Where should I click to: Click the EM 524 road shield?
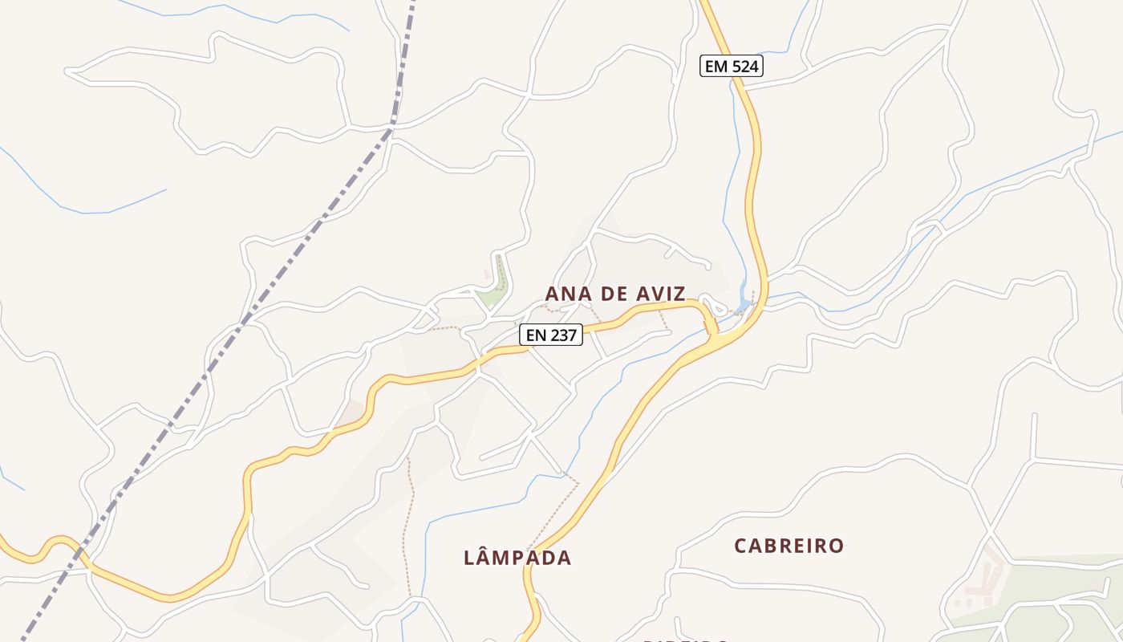[731, 67]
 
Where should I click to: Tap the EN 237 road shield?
[551, 335]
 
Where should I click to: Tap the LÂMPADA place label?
[517, 558]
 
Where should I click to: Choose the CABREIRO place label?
[789, 546]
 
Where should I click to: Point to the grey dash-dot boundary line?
[321, 221]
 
